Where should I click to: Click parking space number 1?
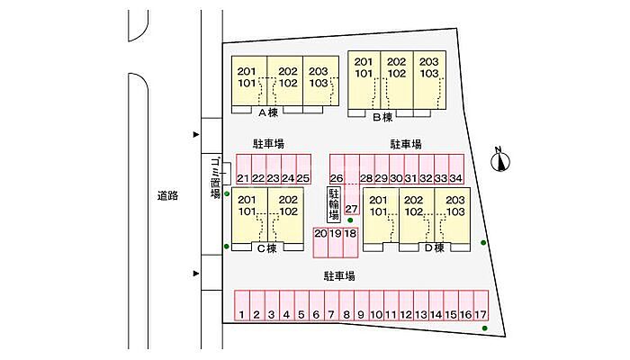(x=243, y=314)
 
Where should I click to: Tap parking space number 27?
(x=351, y=209)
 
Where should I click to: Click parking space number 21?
(x=243, y=178)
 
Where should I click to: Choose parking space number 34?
(x=455, y=178)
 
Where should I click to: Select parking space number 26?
(x=337, y=178)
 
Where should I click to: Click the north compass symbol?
(x=501, y=162)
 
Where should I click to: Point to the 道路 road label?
(x=166, y=195)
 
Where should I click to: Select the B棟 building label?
(x=382, y=117)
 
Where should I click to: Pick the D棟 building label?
(x=436, y=247)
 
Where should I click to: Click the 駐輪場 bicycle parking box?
(x=333, y=204)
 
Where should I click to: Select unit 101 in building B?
(x=364, y=74)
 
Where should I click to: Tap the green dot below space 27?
(x=349, y=220)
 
